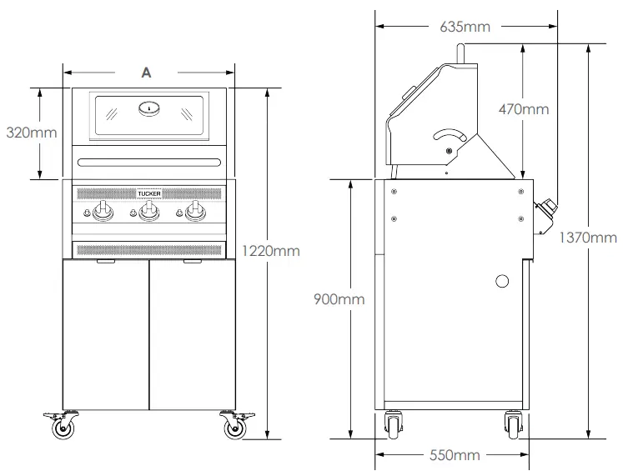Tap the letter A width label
(147, 73)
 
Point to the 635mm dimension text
(465, 27)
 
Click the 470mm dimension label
(524, 109)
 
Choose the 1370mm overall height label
(588, 238)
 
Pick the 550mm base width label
(455, 455)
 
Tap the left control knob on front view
(103, 213)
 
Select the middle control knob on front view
(148, 213)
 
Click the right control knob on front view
(195, 213)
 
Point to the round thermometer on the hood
(148, 107)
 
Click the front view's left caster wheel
(63, 428)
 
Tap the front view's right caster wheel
(233, 428)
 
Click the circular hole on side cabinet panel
(502, 282)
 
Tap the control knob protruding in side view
(547, 212)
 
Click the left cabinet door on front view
(106, 333)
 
